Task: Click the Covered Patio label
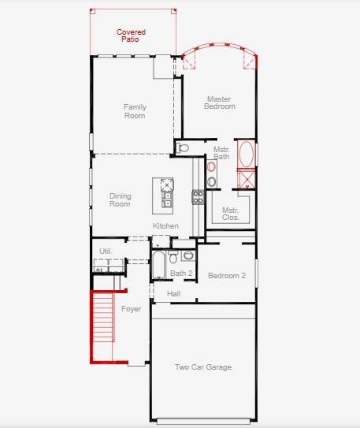pos(132,35)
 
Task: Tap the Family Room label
pos(135,111)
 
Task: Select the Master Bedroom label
pos(220,102)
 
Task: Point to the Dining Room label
pos(120,199)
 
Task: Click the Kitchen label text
pos(165,226)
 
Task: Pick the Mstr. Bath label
pos(221,152)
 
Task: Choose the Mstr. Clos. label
pos(230,214)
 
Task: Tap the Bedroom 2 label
pos(227,276)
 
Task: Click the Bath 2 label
pos(181,273)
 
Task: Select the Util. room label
pos(106,251)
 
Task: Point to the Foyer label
pos(131,309)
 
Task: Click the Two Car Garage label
pos(202,367)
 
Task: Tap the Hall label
pos(174,293)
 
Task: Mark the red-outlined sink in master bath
pos(211,167)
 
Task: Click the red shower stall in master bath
pos(247,179)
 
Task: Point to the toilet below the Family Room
pos(184,147)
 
